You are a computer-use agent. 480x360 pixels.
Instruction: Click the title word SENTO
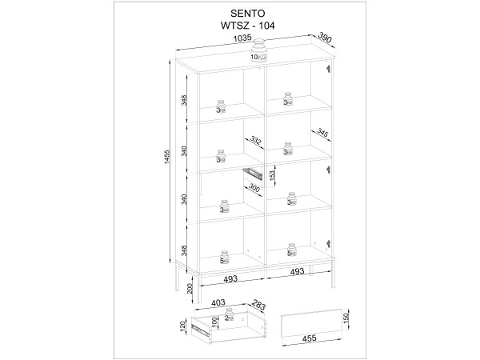coord(247,14)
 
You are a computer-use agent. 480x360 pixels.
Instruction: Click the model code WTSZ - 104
coord(248,26)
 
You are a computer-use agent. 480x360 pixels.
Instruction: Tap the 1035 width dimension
coord(242,38)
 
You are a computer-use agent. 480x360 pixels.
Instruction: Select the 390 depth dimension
coord(325,37)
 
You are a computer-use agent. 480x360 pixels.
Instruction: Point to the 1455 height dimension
coord(167,161)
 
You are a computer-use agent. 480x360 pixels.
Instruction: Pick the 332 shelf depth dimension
coord(255,141)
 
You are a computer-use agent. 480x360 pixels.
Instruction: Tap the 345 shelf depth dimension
coord(322,133)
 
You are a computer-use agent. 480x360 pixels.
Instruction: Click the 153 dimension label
coord(272,175)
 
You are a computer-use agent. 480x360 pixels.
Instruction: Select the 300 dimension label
coord(254,187)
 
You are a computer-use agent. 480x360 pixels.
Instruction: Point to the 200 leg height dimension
coord(190,288)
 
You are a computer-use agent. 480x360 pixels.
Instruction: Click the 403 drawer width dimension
coord(218,302)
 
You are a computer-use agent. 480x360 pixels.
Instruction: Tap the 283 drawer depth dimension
coord(258,305)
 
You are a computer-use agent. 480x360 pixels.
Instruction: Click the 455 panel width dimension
coord(310,338)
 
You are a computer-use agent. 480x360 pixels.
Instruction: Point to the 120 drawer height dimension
coord(182,326)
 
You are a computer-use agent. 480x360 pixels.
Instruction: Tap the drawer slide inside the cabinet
coord(253,174)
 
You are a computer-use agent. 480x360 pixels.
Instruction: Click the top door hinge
coord(329,69)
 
